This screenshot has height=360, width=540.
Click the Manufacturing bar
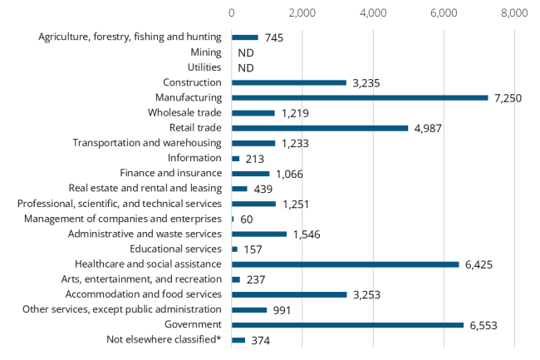click(359, 97)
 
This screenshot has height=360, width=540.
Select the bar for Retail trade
click(320, 128)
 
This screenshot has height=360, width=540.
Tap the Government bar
click(347, 324)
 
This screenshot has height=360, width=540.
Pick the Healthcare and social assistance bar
click(345, 264)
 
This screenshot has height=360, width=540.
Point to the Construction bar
click(288, 82)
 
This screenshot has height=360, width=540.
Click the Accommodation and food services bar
click(288, 294)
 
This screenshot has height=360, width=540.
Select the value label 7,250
click(507, 98)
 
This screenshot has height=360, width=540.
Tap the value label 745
click(274, 37)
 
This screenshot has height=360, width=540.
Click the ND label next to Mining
click(245, 52)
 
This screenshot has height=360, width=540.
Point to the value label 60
click(247, 219)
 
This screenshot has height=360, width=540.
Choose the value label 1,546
click(308, 234)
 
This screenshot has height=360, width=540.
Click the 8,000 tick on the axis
click(515, 13)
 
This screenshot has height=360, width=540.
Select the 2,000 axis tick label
click(302, 13)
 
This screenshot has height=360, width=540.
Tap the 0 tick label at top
click(232, 13)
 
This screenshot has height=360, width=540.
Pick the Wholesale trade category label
click(184, 112)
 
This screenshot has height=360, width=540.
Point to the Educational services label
click(175, 249)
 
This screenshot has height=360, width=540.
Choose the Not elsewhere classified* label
click(164, 339)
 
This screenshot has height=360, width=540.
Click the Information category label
click(194, 158)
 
